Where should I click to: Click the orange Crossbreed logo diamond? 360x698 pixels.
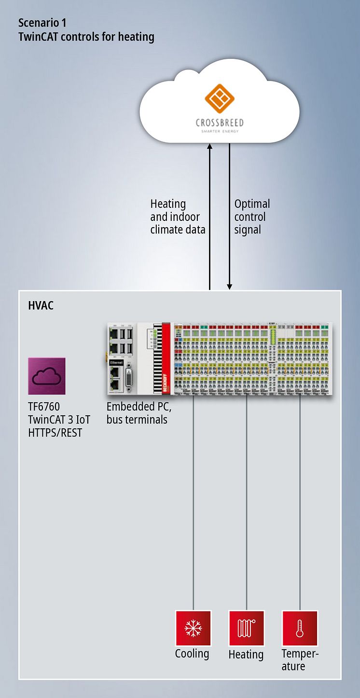click(x=219, y=98)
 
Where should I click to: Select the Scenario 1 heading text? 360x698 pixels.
click(x=42, y=23)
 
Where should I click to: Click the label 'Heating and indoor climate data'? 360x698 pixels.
click(x=178, y=217)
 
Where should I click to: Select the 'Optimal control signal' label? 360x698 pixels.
click(x=252, y=217)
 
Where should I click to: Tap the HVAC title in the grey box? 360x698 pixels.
click(x=41, y=306)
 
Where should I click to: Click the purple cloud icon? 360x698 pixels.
click(x=46, y=376)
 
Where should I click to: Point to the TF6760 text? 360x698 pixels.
click(x=44, y=407)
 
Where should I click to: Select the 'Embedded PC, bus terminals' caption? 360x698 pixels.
click(x=139, y=413)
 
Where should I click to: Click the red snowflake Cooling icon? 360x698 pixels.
click(x=193, y=629)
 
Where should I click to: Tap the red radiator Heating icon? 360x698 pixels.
click(x=247, y=629)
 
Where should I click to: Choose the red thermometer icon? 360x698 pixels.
click(x=300, y=629)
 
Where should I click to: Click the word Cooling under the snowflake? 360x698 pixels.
click(x=192, y=654)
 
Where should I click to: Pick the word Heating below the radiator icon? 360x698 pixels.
click(x=246, y=655)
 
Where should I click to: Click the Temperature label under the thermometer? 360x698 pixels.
click(x=300, y=660)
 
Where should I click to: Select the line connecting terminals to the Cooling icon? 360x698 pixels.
click(x=193, y=502)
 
